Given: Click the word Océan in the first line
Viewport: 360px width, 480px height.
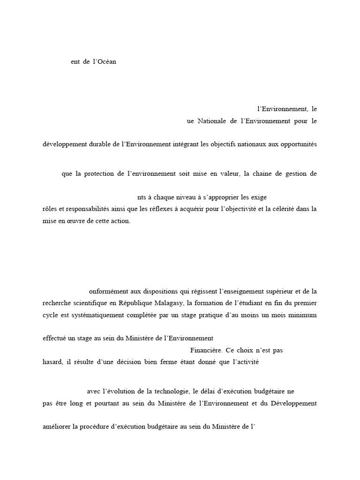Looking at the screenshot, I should tap(106, 62).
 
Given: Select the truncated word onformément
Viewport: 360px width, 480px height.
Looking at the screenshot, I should tap(108, 292).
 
